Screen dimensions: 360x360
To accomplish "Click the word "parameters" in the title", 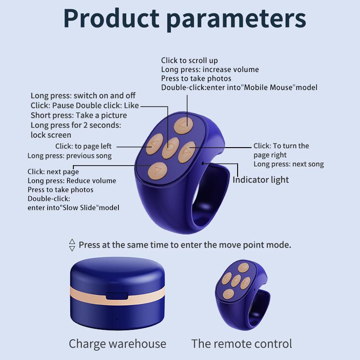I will coord(239,19).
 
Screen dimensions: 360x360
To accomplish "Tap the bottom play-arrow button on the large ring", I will coord(157,171).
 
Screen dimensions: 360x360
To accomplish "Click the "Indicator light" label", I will coord(261,180).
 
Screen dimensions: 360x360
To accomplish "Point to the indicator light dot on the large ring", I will coord(203,162).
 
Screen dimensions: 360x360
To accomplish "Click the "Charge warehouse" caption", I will coord(117,344).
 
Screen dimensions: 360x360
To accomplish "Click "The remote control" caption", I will coord(242,344).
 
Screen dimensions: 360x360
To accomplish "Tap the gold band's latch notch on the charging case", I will coord(117,297).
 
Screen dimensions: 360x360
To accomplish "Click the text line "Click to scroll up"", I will coord(189,60).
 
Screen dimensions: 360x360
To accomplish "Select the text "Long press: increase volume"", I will coord(210,69).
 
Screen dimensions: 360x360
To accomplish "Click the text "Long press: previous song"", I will coord(69,156).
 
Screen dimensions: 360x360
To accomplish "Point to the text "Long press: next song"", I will coord(288,164).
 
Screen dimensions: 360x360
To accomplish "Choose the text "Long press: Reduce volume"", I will coord(72,180).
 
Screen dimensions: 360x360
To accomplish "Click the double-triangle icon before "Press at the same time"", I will coord(72,245).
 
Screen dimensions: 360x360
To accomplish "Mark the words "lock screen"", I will coord(51,135).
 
